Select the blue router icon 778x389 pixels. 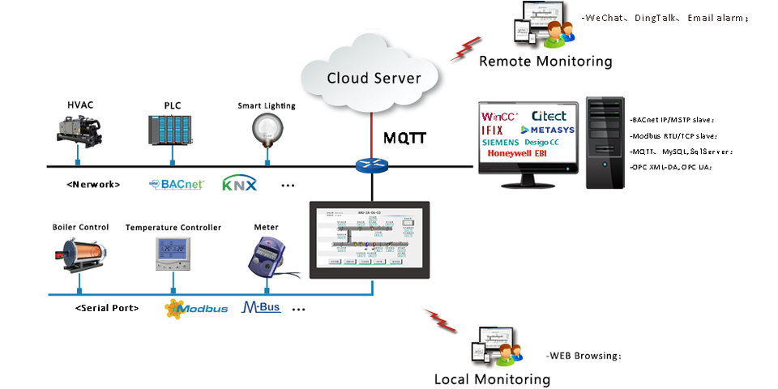coord(372,166)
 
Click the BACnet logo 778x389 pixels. coord(176,184)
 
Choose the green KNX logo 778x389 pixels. coord(239,184)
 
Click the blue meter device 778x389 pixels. coord(264,255)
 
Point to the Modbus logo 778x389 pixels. coord(195,309)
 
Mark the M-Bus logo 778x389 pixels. coord(261,308)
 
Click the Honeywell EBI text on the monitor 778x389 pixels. coord(519,154)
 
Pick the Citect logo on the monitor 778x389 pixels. coord(549,117)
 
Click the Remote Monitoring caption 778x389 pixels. coord(545,61)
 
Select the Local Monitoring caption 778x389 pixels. coord(492,379)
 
